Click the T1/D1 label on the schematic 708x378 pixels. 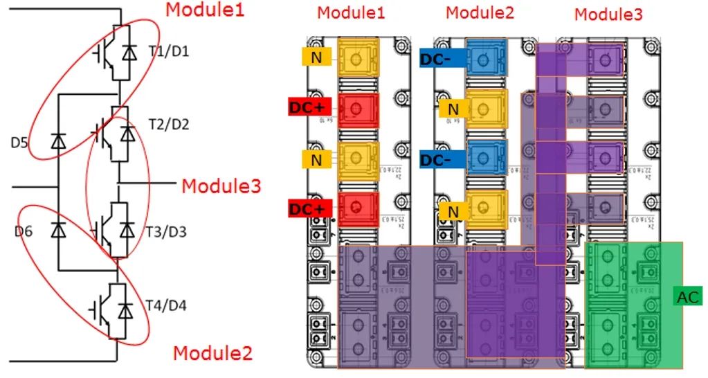point(164,52)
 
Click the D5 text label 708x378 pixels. point(19,144)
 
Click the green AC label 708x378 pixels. point(687,297)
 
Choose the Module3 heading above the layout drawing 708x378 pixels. point(608,14)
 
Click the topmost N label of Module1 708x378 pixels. point(316,57)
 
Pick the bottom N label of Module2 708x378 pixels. point(453,210)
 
